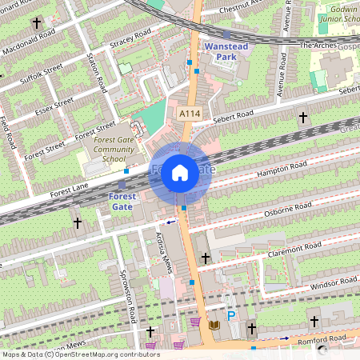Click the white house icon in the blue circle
(x=180, y=173)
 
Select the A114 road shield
(x=189, y=114)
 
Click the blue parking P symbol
(x=231, y=317)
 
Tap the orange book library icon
(x=214, y=325)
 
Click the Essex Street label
(x=54, y=106)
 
